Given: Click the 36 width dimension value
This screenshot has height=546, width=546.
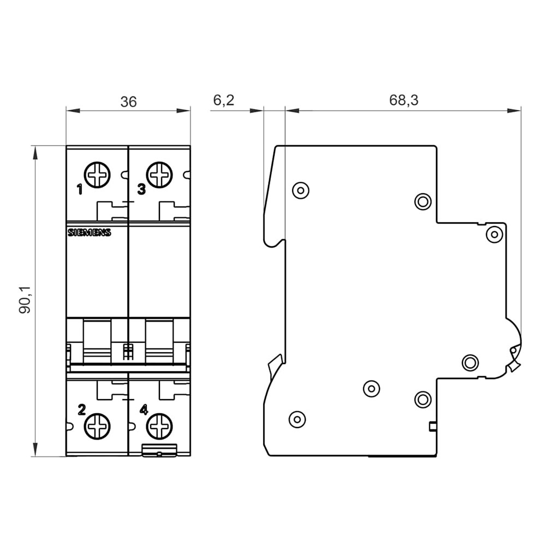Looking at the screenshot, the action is point(128,102).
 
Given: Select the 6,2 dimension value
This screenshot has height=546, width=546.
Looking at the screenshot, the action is point(223,100).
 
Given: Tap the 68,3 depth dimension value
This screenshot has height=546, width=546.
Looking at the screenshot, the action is point(403,100).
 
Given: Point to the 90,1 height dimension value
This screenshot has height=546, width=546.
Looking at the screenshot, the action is point(25,299).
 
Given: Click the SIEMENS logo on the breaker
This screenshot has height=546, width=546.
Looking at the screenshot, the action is point(89,233).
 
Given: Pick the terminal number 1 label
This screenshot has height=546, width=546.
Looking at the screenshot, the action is point(80,190).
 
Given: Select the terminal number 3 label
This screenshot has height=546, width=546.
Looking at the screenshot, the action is point(141,189).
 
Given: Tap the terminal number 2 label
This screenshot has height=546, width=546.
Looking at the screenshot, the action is point(81,410).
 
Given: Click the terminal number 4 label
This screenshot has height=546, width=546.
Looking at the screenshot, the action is point(144,410).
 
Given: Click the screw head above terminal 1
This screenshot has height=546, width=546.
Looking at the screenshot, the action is point(98,175).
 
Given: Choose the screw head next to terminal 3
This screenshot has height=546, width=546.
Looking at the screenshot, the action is point(159,175).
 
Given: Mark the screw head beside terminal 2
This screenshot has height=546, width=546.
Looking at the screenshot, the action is point(98,426).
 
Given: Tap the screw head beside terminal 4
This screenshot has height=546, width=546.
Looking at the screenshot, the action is point(159,426).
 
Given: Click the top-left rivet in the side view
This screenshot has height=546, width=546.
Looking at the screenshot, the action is point(300,191).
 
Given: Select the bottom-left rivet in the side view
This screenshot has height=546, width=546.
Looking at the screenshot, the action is point(297,419).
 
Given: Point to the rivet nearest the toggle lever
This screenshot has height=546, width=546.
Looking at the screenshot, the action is point(470,363).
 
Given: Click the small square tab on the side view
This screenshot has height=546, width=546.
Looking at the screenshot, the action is point(433,426).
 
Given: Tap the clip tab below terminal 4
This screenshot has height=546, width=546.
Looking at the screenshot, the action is point(159,450).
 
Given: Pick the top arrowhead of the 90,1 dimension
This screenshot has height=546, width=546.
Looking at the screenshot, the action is point(34,152).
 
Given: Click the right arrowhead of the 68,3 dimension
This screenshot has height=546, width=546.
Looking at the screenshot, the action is point(514,111).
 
